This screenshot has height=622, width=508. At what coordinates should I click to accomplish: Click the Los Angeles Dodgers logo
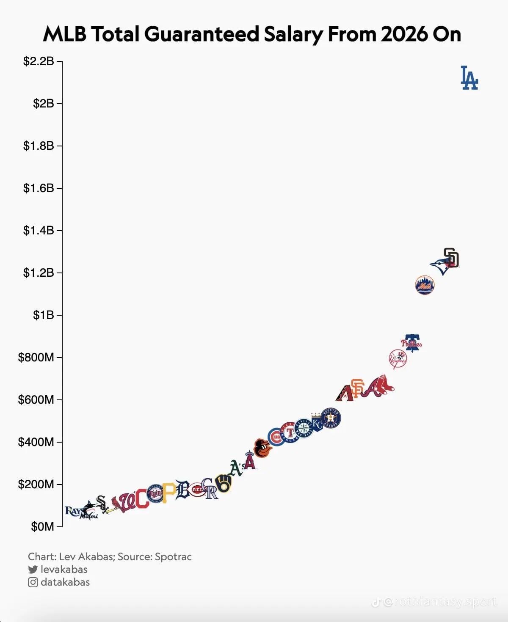point(469,78)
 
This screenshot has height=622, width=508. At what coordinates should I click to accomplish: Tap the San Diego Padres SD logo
point(451,258)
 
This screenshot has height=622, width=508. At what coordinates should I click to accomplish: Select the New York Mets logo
point(425,285)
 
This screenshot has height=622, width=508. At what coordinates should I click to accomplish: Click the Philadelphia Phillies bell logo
point(411,343)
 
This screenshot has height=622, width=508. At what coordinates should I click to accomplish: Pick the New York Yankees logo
point(398,359)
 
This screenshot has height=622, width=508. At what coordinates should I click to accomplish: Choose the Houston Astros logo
point(331,418)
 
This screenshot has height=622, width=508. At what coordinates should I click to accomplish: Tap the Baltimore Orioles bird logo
point(262,449)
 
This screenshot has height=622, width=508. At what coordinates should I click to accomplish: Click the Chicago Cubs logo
point(276,437)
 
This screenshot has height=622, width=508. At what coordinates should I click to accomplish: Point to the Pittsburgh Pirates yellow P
point(169,492)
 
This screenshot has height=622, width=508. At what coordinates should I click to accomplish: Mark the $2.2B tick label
point(39,61)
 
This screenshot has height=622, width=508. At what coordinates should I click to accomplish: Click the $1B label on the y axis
point(44,315)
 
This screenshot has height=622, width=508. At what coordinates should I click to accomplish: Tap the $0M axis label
point(42,526)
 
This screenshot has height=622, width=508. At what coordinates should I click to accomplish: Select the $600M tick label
point(36,399)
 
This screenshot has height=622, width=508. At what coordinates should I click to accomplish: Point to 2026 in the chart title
point(404,34)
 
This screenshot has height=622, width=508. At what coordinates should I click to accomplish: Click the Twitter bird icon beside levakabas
point(33,570)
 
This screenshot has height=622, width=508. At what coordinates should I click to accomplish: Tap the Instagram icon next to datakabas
point(33,582)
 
